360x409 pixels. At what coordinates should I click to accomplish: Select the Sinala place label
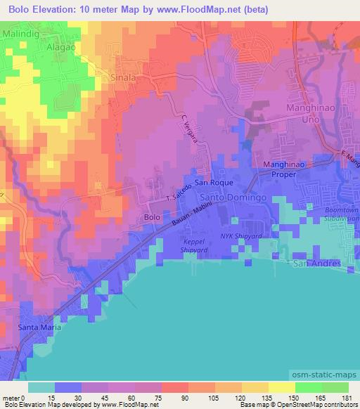[122, 77]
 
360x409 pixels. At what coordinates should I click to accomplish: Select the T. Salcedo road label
[178, 195]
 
